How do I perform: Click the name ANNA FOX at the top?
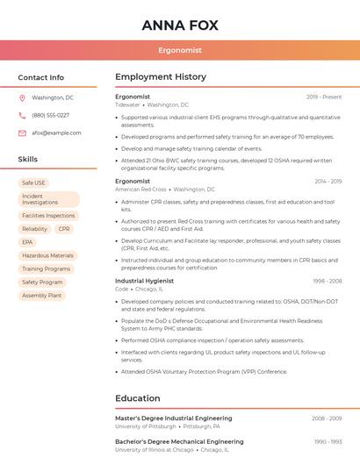[180, 25]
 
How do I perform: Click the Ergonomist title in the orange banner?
[180, 50]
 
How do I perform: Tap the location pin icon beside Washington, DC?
[22, 97]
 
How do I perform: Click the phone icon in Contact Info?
[22, 115]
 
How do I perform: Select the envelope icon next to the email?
[22, 132]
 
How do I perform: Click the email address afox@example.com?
[56, 132]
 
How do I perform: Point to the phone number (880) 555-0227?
[50, 115]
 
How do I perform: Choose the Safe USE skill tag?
[33, 182]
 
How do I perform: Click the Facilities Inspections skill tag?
[48, 215]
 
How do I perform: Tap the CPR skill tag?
[64, 228]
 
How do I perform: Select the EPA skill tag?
[27, 242]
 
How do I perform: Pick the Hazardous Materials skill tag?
[47, 255]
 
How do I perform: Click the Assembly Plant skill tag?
[41, 296]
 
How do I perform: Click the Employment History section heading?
[161, 77]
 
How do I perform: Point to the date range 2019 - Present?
[324, 97]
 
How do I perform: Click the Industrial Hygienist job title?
[145, 281]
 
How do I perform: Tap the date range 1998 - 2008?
[327, 281]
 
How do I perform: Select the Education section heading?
[138, 398]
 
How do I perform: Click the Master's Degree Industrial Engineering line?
[174, 418]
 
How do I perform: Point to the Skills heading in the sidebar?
[27, 160]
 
